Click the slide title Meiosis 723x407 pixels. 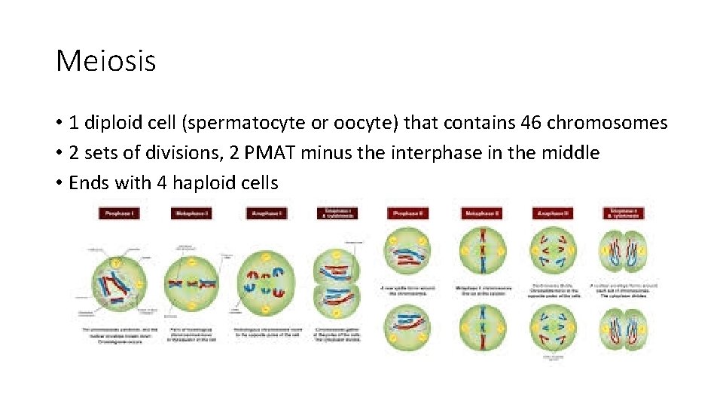[105, 61]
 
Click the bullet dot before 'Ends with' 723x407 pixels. [59, 183]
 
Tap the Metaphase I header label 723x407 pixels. [191, 213]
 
